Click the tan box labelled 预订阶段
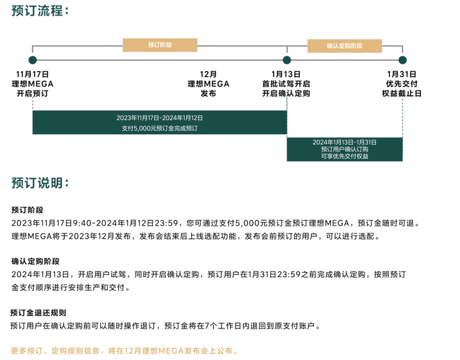coord(160,45)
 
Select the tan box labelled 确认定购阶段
coord(345,46)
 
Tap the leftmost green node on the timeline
coord(33,59)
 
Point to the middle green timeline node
coord(286,59)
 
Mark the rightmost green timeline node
coord(402,59)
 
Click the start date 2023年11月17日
coord(137,118)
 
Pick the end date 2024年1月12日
coord(182,118)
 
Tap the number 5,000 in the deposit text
coord(142,129)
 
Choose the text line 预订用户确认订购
coord(344,149)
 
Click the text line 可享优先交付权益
coord(344,156)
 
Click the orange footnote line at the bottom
coord(124,350)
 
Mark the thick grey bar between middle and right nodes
coord(344,60)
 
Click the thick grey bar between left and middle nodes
coord(160,60)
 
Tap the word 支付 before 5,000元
coord(127,129)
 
